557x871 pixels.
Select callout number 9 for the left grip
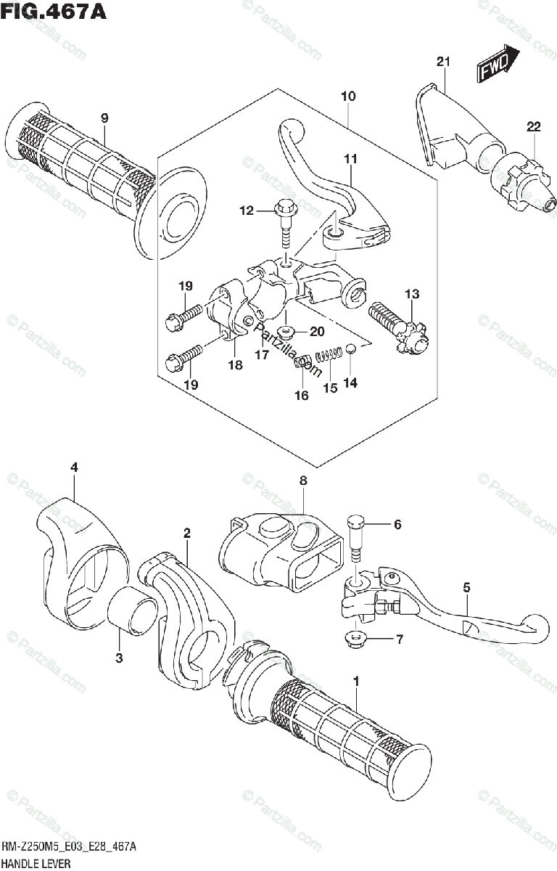click(104, 118)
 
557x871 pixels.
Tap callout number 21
click(443, 62)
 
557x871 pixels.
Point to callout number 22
click(534, 127)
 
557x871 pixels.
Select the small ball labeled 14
click(350, 349)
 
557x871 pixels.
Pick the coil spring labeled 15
click(330, 355)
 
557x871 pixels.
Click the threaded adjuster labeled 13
click(395, 327)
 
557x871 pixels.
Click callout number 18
click(235, 366)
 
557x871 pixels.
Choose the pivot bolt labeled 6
click(356, 537)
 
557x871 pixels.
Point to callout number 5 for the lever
click(466, 586)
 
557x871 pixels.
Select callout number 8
click(303, 480)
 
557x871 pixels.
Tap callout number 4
click(73, 468)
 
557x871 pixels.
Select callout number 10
click(347, 97)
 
